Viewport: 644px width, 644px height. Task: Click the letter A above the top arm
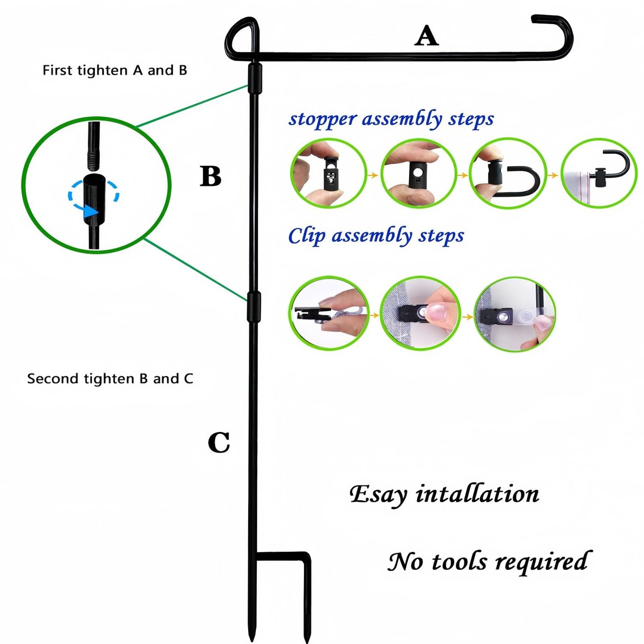pos(427,36)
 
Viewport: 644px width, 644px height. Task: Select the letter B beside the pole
pos(210,176)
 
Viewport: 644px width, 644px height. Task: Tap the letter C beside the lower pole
pos(219,443)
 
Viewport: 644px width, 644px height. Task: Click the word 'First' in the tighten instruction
pos(57,70)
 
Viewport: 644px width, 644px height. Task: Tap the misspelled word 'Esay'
pos(378,494)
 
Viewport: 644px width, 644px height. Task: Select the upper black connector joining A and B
pos(255,78)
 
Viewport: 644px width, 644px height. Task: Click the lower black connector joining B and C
pos(254,307)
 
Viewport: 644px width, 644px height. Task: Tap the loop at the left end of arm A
pos(242,38)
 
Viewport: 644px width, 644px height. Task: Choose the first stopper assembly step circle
pos(328,174)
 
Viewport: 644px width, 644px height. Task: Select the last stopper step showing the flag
pos(599,174)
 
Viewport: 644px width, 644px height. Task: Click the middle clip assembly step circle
pos(420,313)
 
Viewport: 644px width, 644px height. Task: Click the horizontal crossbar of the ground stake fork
pos(281,555)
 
